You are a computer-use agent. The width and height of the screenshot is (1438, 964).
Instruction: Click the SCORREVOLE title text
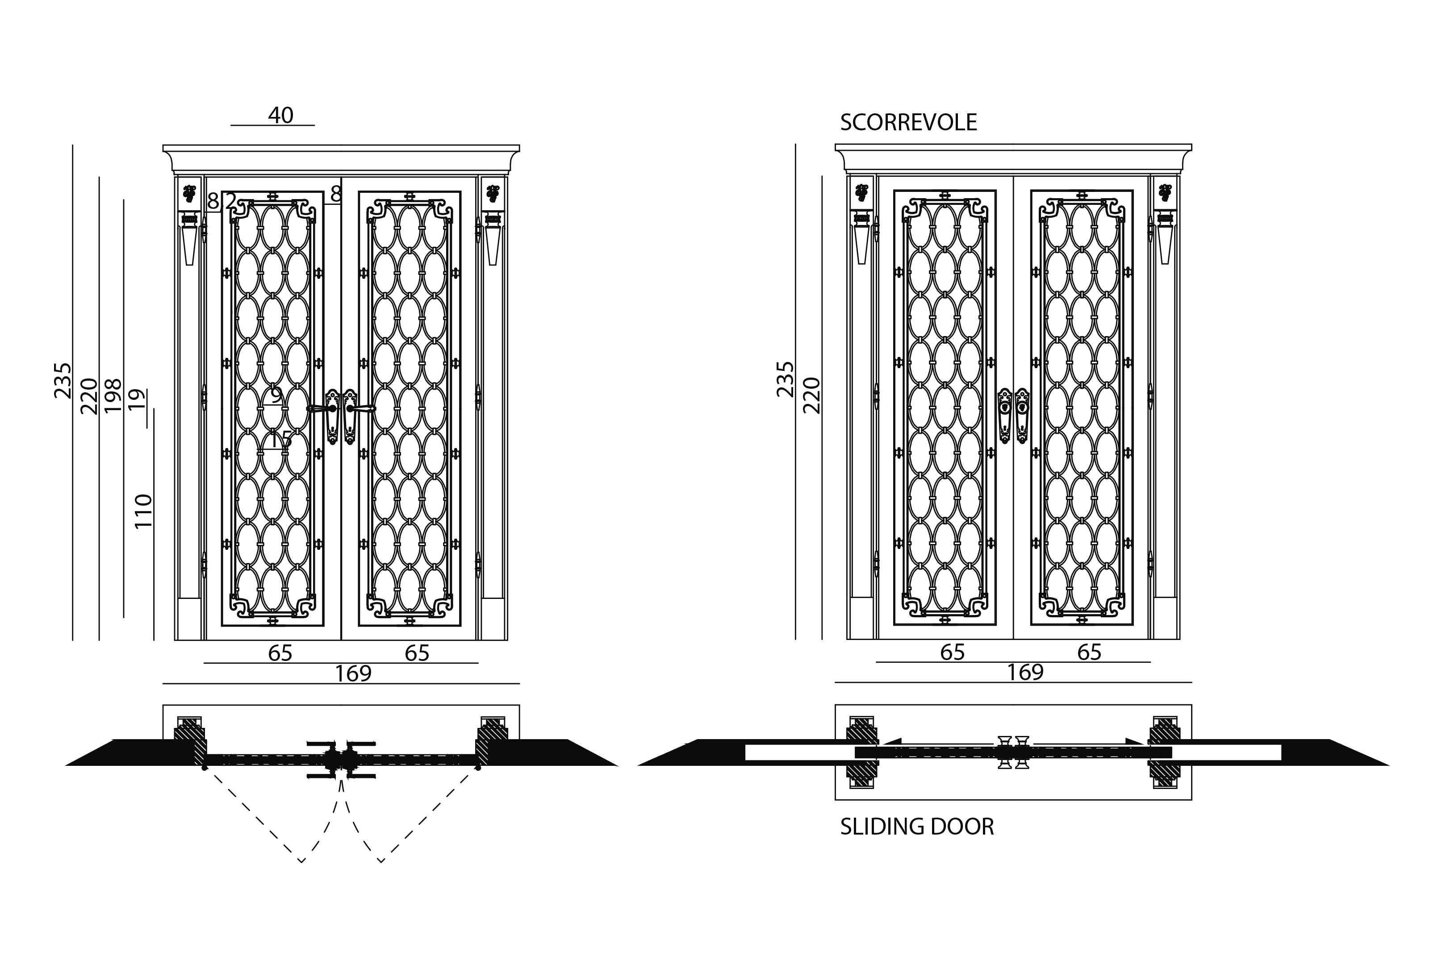(908, 123)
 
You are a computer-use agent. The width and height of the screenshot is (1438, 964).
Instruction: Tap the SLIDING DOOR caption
(916, 827)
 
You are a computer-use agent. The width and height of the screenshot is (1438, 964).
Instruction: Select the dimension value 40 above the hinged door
(280, 115)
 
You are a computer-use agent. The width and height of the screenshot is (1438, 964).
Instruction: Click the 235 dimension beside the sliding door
(786, 379)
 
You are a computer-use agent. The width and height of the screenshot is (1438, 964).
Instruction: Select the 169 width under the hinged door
(353, 674)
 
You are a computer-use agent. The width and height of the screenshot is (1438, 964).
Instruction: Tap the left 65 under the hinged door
(280, 653)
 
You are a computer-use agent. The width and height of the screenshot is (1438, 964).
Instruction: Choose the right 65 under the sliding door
(1089, 652)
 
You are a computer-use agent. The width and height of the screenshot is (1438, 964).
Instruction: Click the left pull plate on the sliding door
(1004, 415)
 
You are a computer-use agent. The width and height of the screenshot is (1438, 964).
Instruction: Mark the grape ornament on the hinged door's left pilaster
(189, 193)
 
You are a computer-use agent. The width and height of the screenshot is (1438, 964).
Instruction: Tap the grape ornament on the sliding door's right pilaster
(1164, 192)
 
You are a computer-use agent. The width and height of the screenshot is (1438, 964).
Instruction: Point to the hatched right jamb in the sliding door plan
(1164, 751)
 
